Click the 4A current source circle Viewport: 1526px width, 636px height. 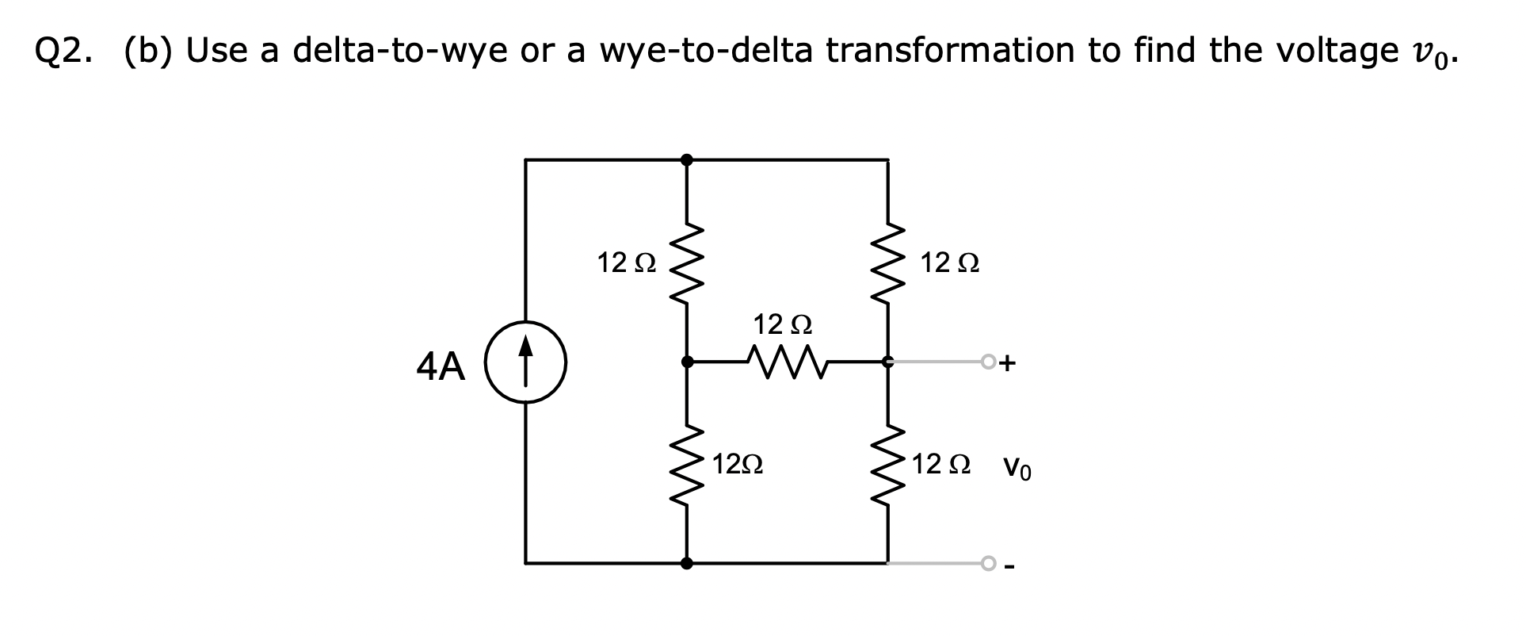[x=525, y=362]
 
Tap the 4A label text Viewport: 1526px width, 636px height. [x=441, y=366]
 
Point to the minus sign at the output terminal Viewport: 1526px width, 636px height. [x=1009, y=566]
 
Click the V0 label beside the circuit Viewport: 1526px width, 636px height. [x=1017, y=468]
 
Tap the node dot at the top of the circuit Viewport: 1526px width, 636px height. [x=686, y=160]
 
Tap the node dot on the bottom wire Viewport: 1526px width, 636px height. [x=686, y=563]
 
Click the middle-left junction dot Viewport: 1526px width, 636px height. [x=686, y=362]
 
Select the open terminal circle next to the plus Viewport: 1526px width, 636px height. [x=987, y=362]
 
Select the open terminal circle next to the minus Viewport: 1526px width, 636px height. [x=987, y=563]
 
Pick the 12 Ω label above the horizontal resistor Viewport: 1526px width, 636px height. [x=783, y=324]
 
